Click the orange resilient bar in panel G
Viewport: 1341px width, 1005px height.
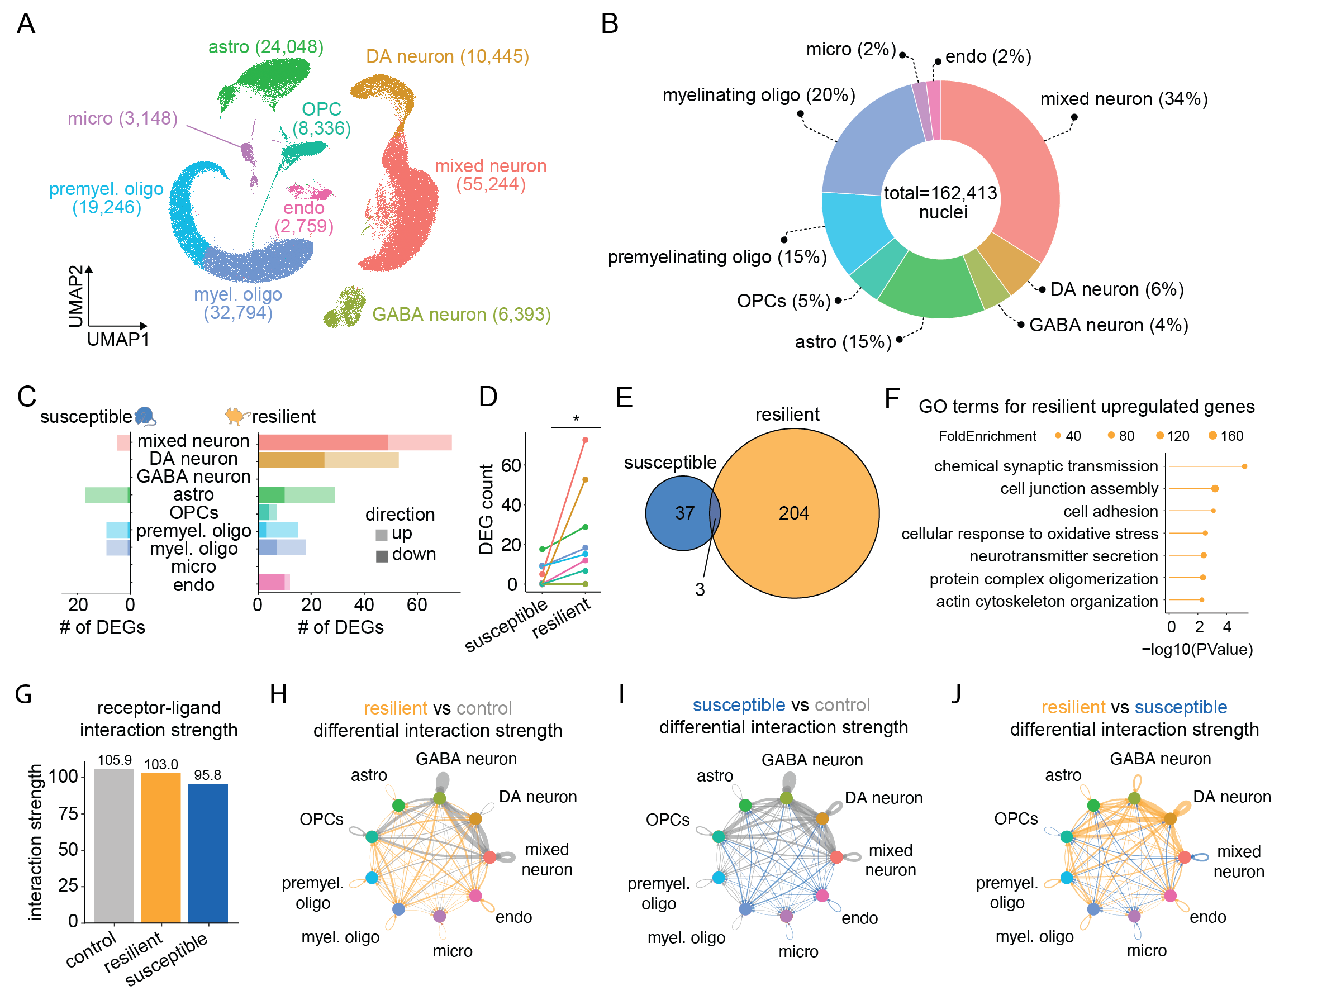[x=161, y=847]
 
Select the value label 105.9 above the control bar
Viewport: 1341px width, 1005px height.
[x=115, y=760]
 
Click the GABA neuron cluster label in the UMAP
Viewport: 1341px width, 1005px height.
[x=461, y=314]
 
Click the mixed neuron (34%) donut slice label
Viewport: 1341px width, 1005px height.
[x=1123, y=99]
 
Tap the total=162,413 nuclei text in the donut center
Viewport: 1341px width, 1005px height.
[x=940, y=202]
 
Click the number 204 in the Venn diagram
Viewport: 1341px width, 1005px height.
[x=793, y=513]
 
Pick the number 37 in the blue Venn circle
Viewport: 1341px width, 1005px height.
[x=684, y=513]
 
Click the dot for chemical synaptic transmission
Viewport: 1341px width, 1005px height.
[x=1244, y=466]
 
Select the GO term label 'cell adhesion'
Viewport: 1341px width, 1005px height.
[x=1110, y=511]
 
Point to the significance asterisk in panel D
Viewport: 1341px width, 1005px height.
[x=576, y=418]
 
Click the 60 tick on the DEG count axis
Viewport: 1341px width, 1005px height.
[x=511, y=465]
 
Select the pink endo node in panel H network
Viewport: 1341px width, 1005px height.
[x=475, y=896]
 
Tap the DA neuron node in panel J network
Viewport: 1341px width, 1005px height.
[x=1170, y=818]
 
